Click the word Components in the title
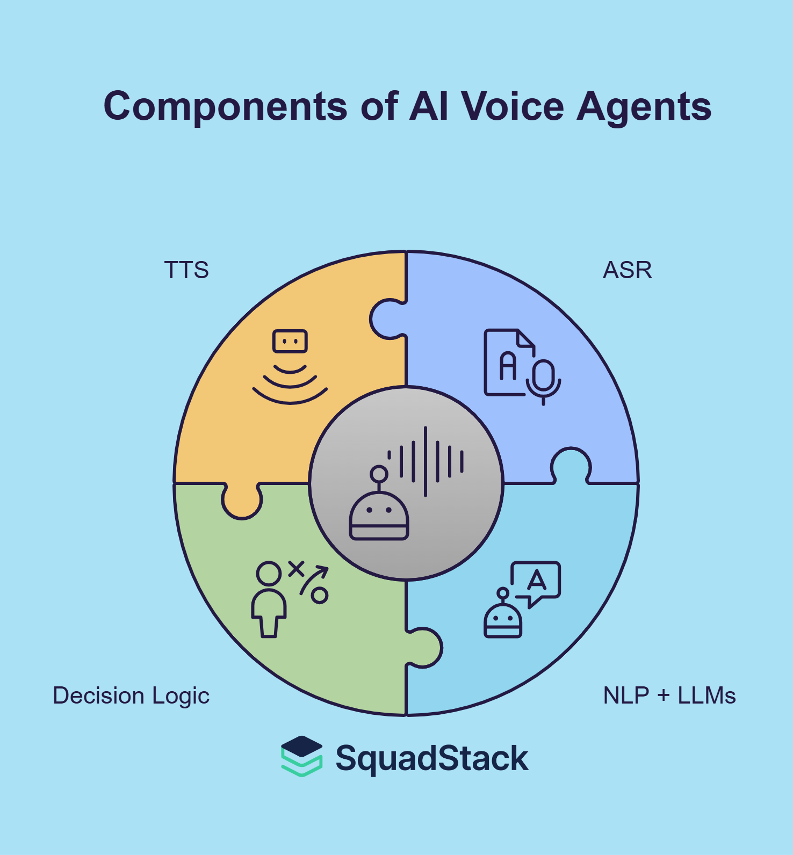[225, 106]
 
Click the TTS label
[186, 270]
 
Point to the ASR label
[627, 270]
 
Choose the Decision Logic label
[131, 695]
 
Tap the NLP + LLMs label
[669, 695]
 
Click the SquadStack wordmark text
[432, 758]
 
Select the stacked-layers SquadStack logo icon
[302, 756]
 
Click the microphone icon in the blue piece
[544, 379]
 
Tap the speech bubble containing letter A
[536, 581]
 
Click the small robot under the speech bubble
[503, 618]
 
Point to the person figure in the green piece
[269, 599]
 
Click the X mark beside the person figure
[296, 569]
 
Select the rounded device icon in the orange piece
[290, 342]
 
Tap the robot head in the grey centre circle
[379, 516]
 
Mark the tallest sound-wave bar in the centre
[426, 461]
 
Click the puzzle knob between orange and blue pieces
[386, 320]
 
